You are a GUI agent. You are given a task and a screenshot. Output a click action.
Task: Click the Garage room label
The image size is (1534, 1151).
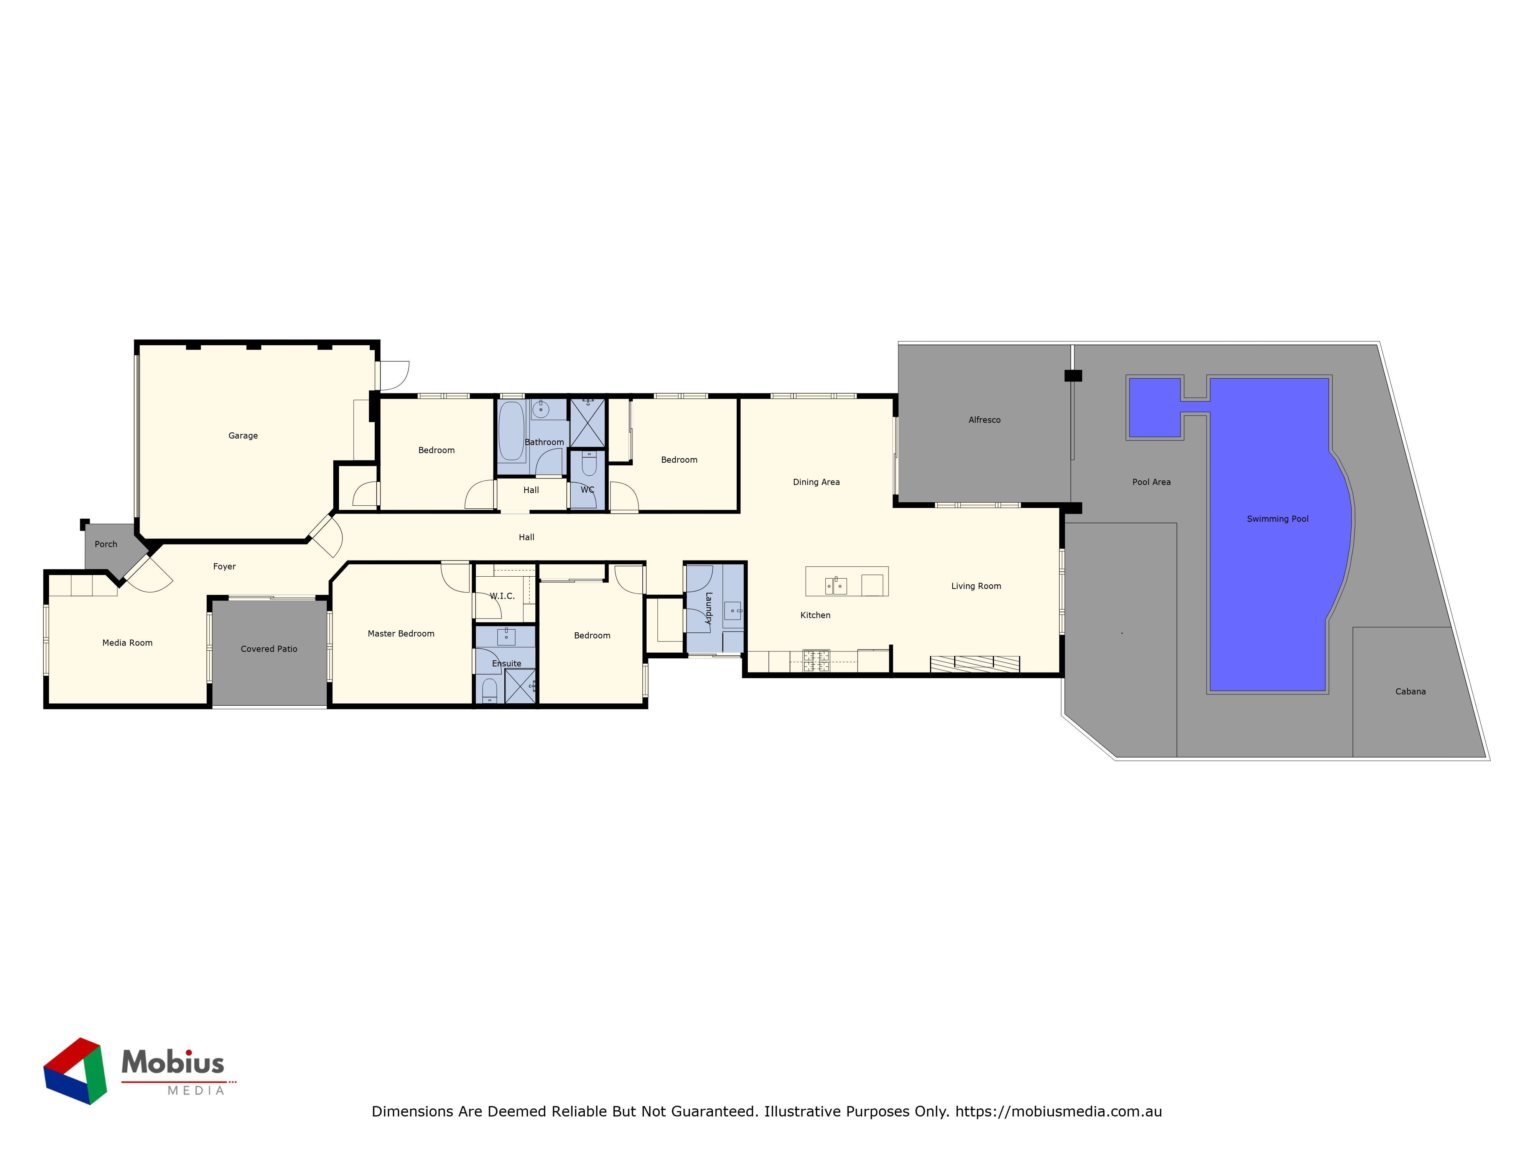(x=243, y=436)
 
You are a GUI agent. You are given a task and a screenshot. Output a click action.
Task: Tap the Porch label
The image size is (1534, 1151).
(x=106, y=544)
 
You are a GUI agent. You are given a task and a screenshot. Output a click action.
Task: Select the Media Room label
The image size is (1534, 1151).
(x=128, y=643)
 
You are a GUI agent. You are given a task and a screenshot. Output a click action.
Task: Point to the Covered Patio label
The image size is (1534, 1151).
(x=269, y=649)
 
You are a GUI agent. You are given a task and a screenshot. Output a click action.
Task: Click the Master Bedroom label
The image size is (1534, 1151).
(x=401, y=633)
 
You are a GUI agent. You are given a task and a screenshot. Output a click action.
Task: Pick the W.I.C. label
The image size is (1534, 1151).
(x=502, y=596)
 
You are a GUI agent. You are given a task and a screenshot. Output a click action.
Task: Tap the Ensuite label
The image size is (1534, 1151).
(x=506, y=663)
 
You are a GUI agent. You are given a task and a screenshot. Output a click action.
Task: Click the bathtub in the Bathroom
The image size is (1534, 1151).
(x=512, y=431)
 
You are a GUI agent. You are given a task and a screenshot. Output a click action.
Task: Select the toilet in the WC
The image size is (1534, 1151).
(x=589, y=463)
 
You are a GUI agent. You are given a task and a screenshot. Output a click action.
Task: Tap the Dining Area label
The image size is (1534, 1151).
(x=816, y=482)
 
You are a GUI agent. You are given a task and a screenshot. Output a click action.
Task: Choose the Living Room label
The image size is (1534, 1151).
(x=976, y=586)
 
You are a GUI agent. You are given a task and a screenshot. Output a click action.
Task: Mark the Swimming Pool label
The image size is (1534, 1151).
(x=1277, y=519)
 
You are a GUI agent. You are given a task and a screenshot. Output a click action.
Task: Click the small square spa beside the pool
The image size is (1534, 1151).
(x=1155, y=407)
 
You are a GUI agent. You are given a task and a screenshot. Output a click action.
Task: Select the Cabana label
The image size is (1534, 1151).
(x=1411, y=692)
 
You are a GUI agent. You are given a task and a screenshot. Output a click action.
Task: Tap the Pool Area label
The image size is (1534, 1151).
(x=1151, y=482)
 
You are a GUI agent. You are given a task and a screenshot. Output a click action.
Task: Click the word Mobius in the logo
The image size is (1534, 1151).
(x=173, y=1062)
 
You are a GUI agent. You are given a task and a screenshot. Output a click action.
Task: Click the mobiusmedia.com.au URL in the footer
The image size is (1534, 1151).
(x=1058, y=1111)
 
